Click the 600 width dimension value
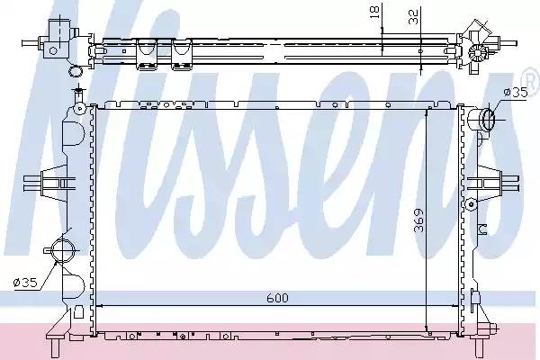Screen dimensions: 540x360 [277, 298]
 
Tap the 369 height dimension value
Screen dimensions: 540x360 [419, 220]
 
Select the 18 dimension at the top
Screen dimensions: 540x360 [374, 12]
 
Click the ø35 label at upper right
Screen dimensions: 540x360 [515, 93]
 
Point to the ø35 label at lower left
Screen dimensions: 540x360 [25, 283]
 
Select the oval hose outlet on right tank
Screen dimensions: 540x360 [489, 119]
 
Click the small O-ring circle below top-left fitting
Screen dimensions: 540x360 [76, 71]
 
